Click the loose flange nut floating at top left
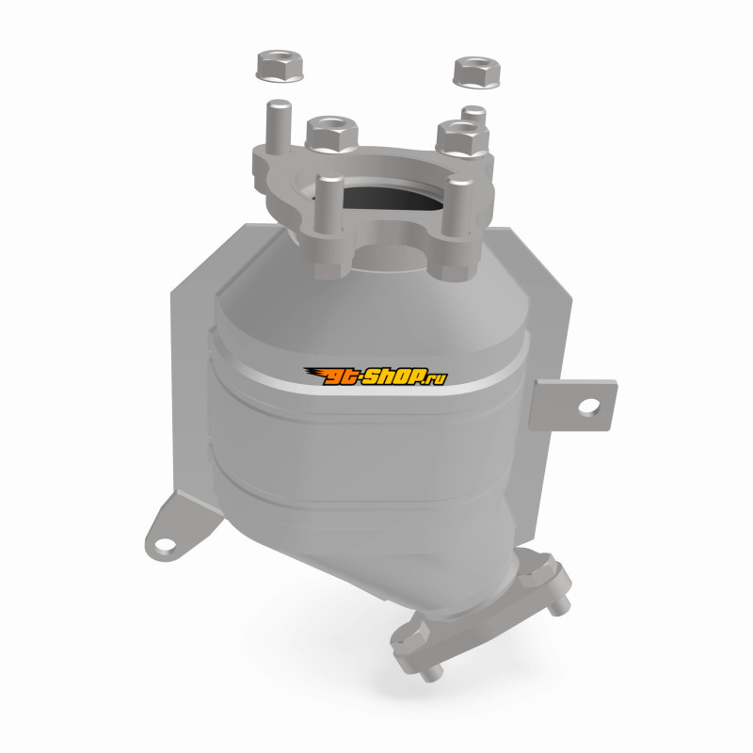[280, 65]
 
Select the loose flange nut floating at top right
[476, 72]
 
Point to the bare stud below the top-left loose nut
[279, 126]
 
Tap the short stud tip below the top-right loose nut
[473, 115]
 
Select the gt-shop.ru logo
[376, 376]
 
